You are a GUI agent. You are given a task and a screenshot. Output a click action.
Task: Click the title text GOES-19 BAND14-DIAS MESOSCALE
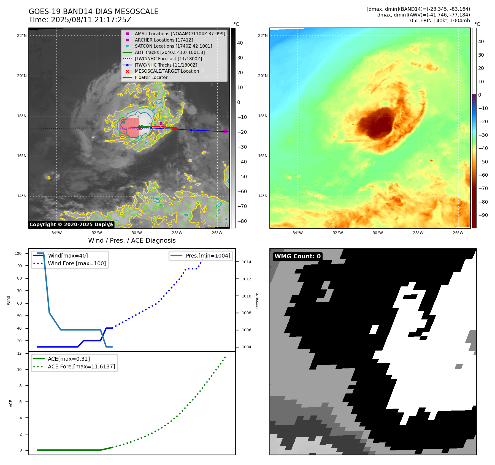(93, 12)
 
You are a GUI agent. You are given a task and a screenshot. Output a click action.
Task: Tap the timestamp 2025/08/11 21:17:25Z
(91, 20)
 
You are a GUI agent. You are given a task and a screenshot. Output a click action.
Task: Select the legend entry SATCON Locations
(173, 46)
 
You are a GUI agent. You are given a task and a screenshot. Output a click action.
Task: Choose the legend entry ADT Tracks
(170, 52)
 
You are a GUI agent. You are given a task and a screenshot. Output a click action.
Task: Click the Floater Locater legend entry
(151, 78)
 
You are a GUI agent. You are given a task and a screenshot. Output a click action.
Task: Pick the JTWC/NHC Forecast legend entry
(168, 59)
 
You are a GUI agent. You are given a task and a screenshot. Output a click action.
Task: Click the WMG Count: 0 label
(297, 256)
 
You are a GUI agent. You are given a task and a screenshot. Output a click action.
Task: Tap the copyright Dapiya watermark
(71, 225)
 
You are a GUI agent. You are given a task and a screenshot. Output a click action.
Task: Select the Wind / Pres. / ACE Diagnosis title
(132, 240)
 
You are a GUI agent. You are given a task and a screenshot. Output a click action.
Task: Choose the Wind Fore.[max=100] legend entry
(77, 263)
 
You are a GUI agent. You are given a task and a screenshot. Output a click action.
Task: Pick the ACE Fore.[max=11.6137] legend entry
(81, 366)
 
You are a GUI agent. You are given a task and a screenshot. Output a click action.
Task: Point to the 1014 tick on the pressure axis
(247, 262)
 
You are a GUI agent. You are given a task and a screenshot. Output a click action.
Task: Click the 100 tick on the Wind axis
(18, 253)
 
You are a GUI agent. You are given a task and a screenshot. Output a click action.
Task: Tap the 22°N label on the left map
(22, 35)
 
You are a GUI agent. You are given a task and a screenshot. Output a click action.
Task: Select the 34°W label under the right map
(297, 233)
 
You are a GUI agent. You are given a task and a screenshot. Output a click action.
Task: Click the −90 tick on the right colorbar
(483, 215)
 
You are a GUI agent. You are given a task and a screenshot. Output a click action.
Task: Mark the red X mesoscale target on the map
(140, 128)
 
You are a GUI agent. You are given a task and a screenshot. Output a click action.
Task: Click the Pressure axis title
(257, 300)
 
